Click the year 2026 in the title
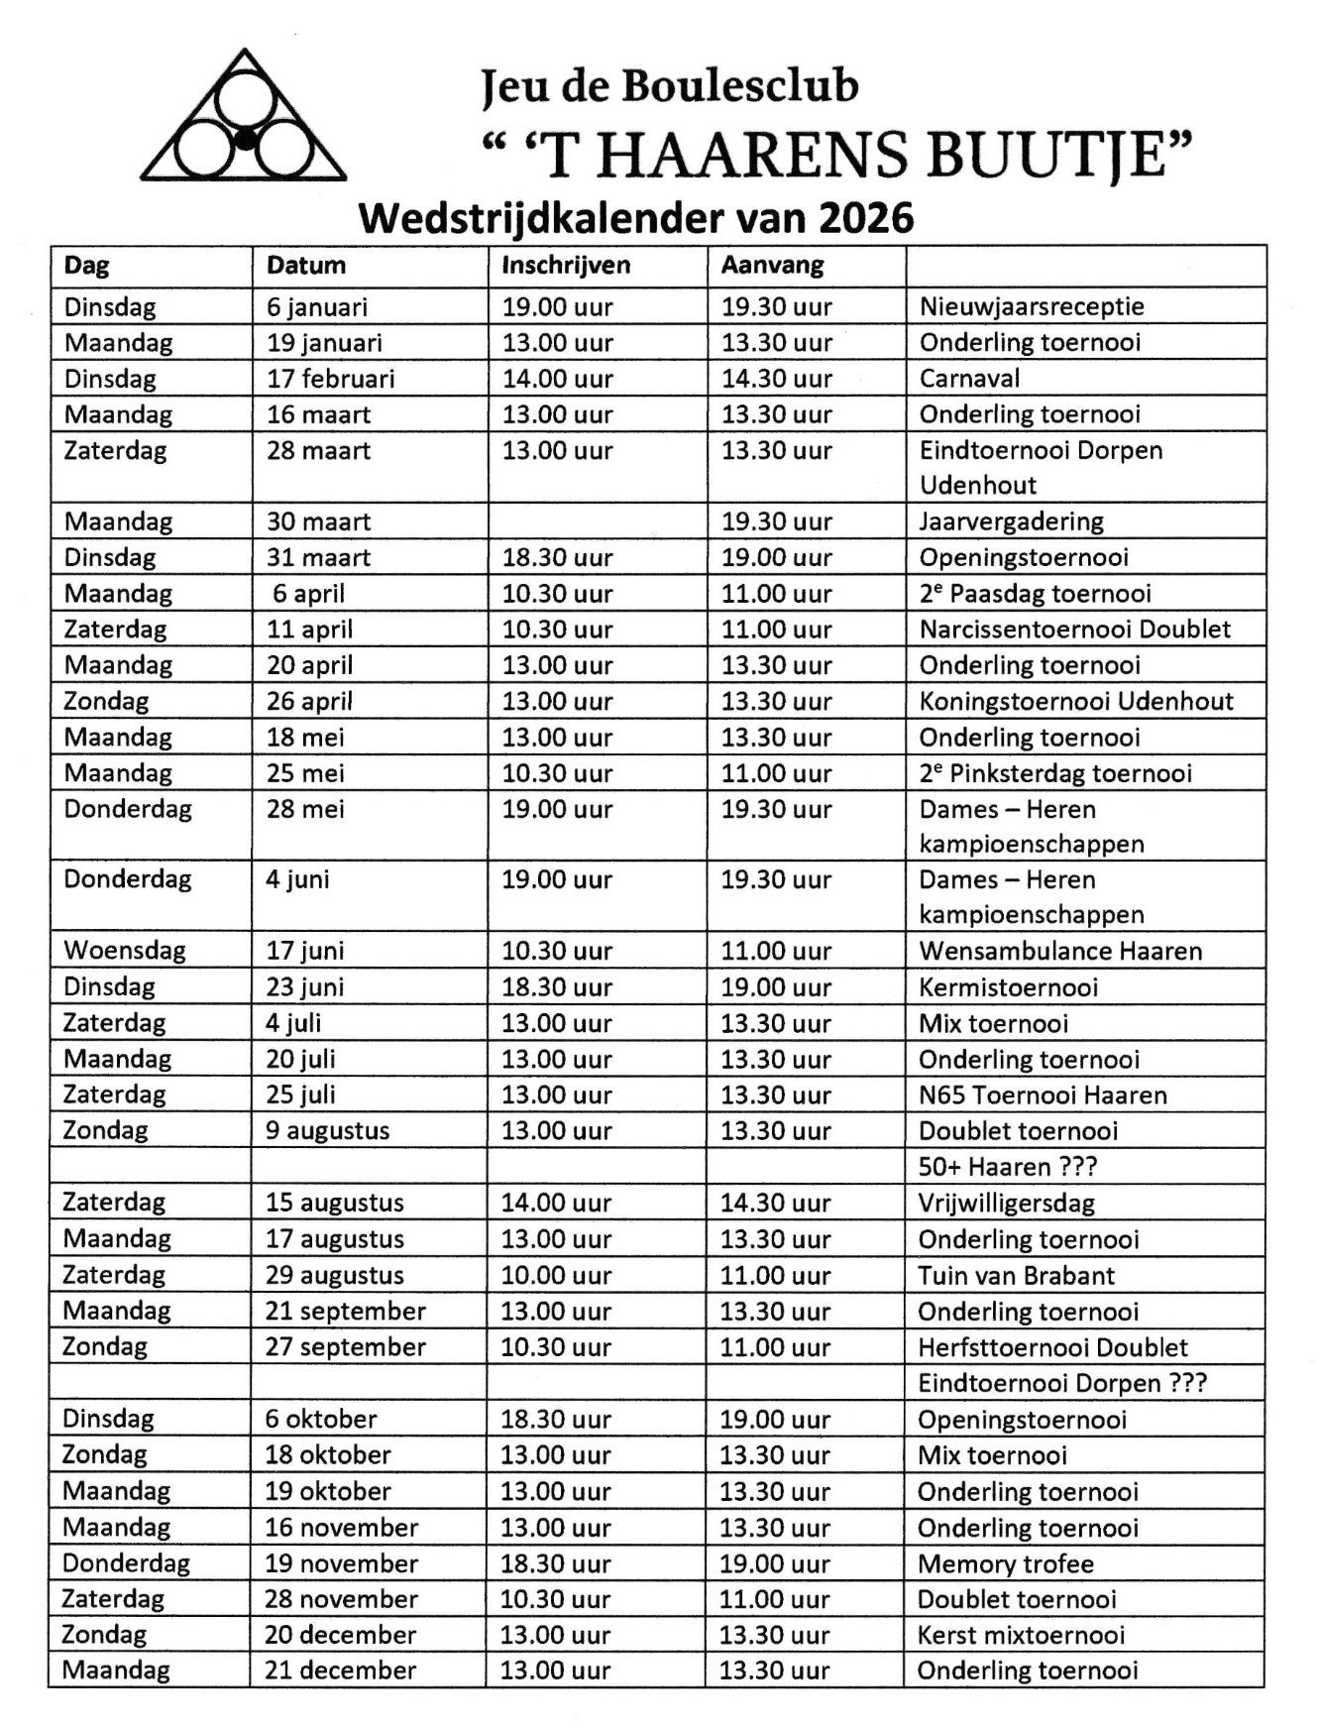tap(867, 217)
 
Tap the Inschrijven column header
tap(566, 266)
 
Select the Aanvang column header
tap(773, 266)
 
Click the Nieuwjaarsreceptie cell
tap(1032, 306)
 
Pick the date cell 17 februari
tap(330, 379)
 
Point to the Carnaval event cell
tap(969, 379)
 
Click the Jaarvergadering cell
tap(1011, 521)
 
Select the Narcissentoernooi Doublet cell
tap(1074, 630)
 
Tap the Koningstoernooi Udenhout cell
tap(1076, 702)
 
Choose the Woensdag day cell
tap(125, 951)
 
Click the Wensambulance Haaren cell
tap(1060, 952)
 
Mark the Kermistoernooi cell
tap(1008, 987)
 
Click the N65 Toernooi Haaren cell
tap(1043, 1095)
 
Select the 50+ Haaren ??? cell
tap(1007, 1167)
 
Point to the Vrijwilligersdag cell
tap(1006, 1204)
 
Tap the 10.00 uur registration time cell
tap(556, 1276)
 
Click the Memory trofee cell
tap(1006, 1564)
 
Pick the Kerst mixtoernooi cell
tap(1021, 1636)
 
